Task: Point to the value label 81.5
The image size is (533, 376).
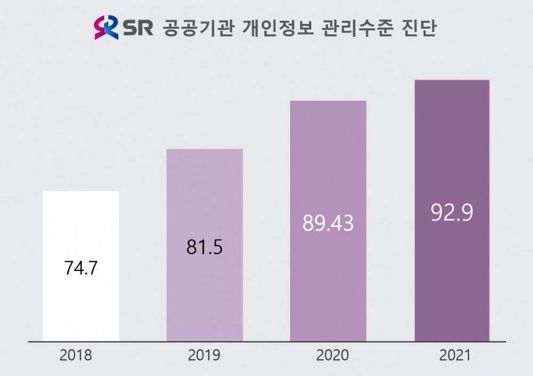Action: tap(205, 248)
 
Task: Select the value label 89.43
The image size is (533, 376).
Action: tap(328, 223)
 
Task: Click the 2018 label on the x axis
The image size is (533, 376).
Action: tap(76, 356)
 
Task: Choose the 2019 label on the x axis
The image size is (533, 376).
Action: tap(204, 356)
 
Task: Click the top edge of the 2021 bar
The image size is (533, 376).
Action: tap(452, 81)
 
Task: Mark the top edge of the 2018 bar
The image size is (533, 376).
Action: tap(80, 191)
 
